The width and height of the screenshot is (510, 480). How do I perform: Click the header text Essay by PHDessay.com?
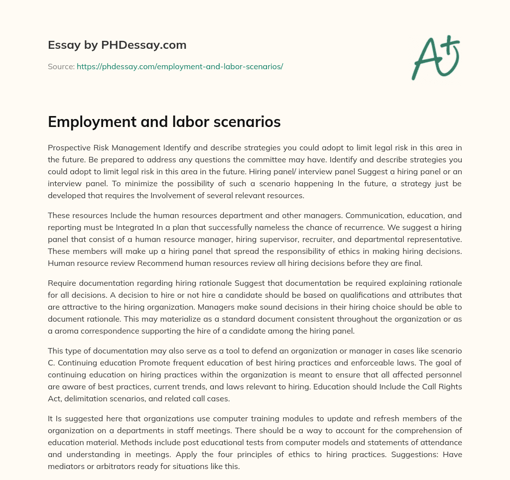point(117,45)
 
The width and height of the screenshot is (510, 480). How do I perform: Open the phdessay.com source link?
point(180,66)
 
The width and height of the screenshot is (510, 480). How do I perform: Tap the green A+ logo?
point(435,58)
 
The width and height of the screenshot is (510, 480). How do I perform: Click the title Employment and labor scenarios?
point(164,122)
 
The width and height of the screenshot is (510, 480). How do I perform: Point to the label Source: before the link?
point(61,66)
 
